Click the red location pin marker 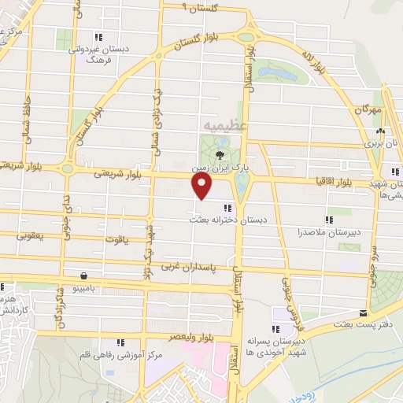pyautogui.click(x=202, y=186)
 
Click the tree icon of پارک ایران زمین pyautogui.click(x=219, y=153)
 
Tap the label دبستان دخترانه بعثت pyautogui.click(x=227, y=221)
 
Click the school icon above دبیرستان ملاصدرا pyautogui.click(x=328, y=220)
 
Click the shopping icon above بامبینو pyautogui.click(x=84, y=276)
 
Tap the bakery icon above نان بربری pyautogui.click(x=381, y=131)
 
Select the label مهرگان pyautogui.click(x=367, y=109)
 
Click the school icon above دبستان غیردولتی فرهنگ pyautogui.click(x=98, y=36)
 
